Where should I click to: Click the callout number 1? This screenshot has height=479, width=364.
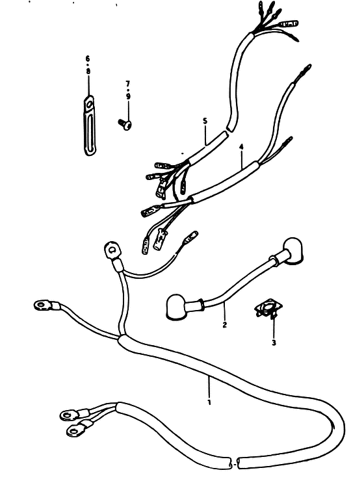click(x=209, y=402)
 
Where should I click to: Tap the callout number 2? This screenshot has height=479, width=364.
click(x=225, y=324)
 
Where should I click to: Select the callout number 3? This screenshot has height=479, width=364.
click(x=274, y=343)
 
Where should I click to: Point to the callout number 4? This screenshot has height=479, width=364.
click(x=241, y=147)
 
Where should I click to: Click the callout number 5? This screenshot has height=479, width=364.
click(x=205, y=121)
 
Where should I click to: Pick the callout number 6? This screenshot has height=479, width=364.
click(x=88, y=58)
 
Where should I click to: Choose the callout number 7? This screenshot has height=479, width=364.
click(x=128, y=83)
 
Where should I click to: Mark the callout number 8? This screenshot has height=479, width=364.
click(x=88, y=71)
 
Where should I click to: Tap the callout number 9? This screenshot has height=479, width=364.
click(x=128, y=97)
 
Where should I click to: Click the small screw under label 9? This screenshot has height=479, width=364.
click(x=125, y=124)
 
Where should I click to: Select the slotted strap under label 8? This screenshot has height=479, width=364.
click(x=89, y=125)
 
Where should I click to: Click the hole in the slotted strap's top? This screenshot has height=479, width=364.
click(x=89, y=105)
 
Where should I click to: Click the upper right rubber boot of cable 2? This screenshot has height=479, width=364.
click(x=292, y=250)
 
